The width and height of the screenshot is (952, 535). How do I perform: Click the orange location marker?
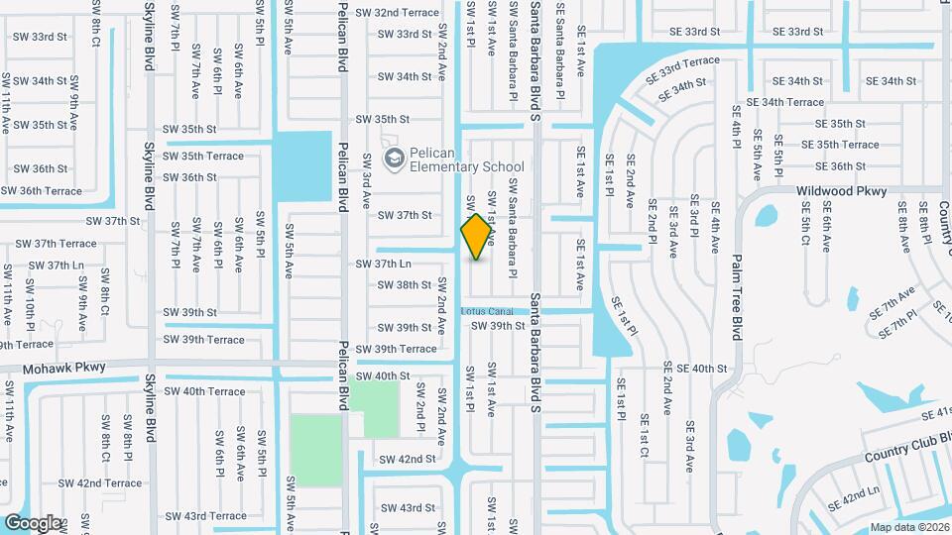click(477, 236)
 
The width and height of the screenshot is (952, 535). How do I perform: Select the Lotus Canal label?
click(486, 311)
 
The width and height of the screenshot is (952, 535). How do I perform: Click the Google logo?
click(32, 522)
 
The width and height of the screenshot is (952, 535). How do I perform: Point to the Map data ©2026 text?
click(908, 527)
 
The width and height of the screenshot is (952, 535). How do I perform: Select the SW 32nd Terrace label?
click(394, 12)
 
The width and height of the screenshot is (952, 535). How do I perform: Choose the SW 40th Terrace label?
click(205, 391)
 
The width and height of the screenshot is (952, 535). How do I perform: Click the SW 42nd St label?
click(408, 459)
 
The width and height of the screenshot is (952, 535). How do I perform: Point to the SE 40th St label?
click(695, 369)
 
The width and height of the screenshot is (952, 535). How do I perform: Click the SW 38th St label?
click(405, 284)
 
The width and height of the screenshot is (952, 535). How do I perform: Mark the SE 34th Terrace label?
click(785, 102)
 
